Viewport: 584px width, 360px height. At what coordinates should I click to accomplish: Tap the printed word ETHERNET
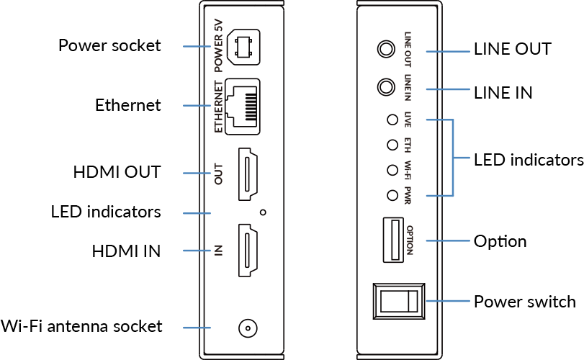point(220,106)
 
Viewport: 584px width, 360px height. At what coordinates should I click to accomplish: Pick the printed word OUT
point(220,174)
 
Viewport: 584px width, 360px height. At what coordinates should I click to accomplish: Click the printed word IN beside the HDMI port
point(219,251)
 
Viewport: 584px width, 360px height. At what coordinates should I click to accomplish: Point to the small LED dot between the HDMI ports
point(264,212)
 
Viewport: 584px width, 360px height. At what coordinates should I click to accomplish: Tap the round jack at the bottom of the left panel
point(247,328)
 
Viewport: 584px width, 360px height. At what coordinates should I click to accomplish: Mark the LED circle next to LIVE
point(392,120)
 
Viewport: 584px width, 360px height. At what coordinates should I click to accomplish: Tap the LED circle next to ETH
point(392,145)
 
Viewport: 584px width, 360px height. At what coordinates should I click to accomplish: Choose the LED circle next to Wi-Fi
point(392,170)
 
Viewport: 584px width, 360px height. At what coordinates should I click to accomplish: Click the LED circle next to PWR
point(392,194)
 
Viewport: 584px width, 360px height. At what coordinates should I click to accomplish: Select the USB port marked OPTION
point(392,240)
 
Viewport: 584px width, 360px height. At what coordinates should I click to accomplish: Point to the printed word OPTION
point(409,240)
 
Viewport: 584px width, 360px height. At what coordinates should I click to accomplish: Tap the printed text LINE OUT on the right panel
point(408,51)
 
